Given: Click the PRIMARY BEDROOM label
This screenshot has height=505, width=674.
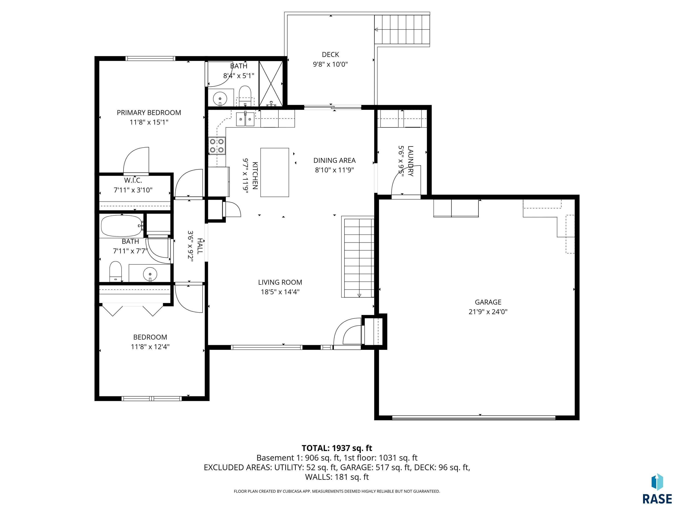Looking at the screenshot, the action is tap(149, 113).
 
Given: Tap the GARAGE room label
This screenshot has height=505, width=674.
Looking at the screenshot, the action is tap(488, 302).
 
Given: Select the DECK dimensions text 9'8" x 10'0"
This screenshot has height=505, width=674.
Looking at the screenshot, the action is tap(330, 64).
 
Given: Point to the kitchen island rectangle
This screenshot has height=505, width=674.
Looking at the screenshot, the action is tap(274, 172).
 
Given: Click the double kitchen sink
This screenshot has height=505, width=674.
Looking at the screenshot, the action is tap(245, 119).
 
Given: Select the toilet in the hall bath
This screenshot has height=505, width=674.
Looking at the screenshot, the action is tap(115, 271).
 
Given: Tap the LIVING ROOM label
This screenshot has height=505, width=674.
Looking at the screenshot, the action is tap(280, 282).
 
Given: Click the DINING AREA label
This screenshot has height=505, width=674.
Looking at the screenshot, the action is tap(334, 160).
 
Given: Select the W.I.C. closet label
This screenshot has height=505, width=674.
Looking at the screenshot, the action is tap(133, 180).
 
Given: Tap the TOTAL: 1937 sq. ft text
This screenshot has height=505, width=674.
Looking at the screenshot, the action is tap(337, 448).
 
